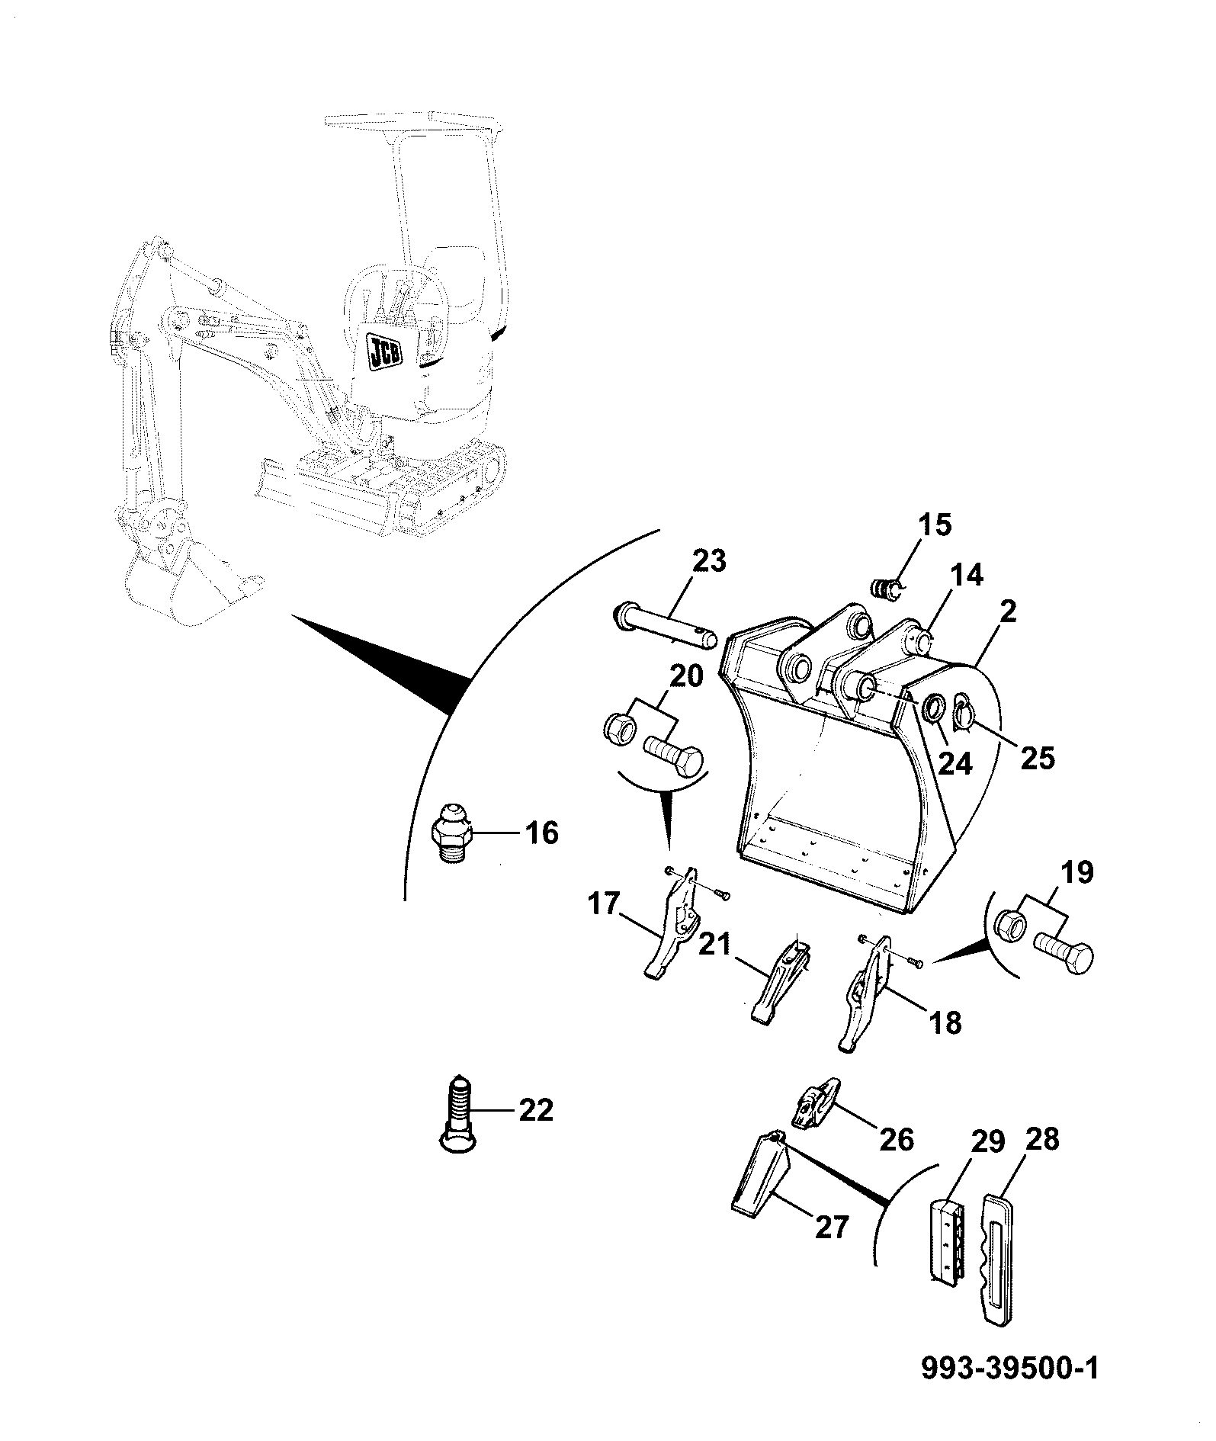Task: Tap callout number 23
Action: tap(709, 561)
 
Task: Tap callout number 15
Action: tap(934, 525)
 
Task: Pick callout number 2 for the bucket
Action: tap(1008, 611)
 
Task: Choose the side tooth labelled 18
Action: tap(866, 992)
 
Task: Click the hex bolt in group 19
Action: tap(1063, 954)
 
